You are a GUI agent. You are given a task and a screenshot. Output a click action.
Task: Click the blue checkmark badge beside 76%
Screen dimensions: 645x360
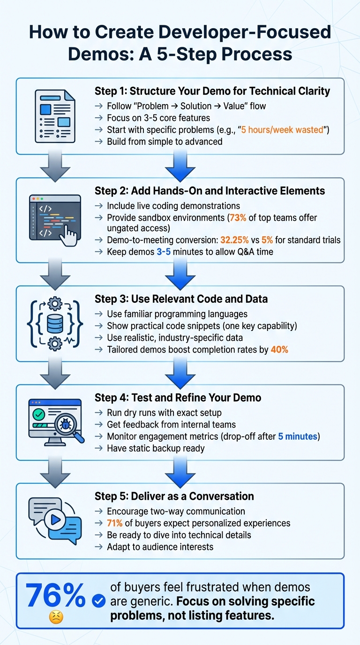click(99, 600)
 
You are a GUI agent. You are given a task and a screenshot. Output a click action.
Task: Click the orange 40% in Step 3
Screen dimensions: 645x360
click(279, 349)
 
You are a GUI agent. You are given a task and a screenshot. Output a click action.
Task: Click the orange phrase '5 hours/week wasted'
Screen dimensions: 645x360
click(282, 130)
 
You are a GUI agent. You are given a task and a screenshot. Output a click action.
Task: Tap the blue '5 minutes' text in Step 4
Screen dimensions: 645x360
click(298, 436)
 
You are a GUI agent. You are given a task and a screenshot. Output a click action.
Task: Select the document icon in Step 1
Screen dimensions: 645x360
click(55, 116)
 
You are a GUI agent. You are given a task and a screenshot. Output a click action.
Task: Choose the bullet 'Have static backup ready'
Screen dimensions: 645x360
click(156, 448)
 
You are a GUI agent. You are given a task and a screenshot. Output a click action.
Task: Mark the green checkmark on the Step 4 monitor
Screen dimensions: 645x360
click(39, 414)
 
